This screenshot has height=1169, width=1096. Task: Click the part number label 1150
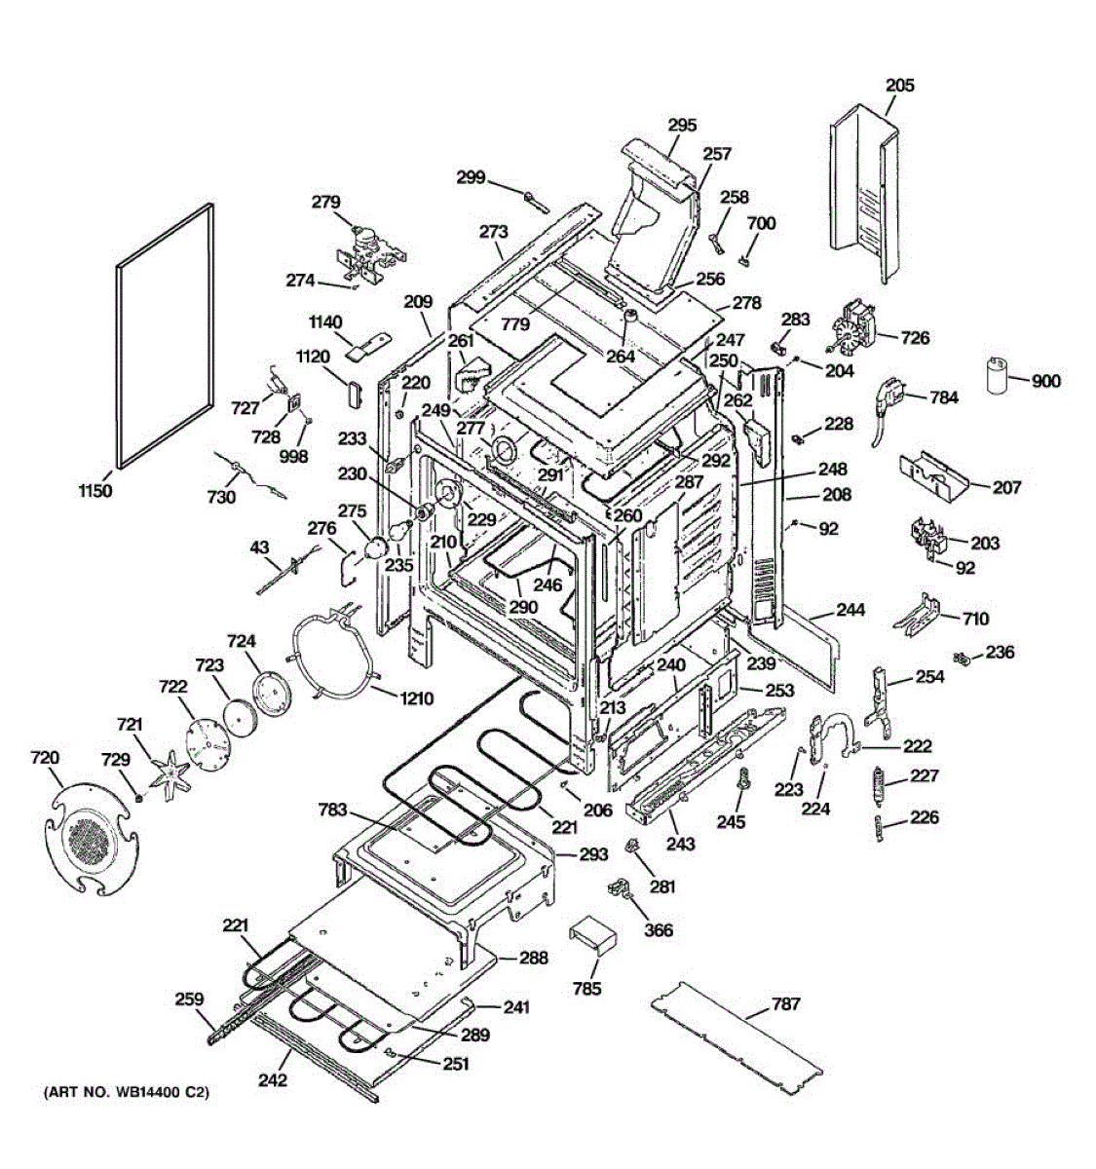[x=95, y=490]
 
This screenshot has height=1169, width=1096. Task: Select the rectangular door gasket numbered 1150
[x=165, y=336]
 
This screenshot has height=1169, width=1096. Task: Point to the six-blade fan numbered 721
[x=170, y=771]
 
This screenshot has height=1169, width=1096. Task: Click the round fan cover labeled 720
[x=92, y=841]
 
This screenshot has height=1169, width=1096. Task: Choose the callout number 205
[x=900, y=86]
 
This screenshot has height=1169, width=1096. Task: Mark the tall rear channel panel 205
[x=864, y=194]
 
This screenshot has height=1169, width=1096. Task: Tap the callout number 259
[x=189, y=999]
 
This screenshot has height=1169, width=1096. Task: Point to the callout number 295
[x=682, y=125]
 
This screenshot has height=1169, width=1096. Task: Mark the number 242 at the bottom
[x=273, y=1079]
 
